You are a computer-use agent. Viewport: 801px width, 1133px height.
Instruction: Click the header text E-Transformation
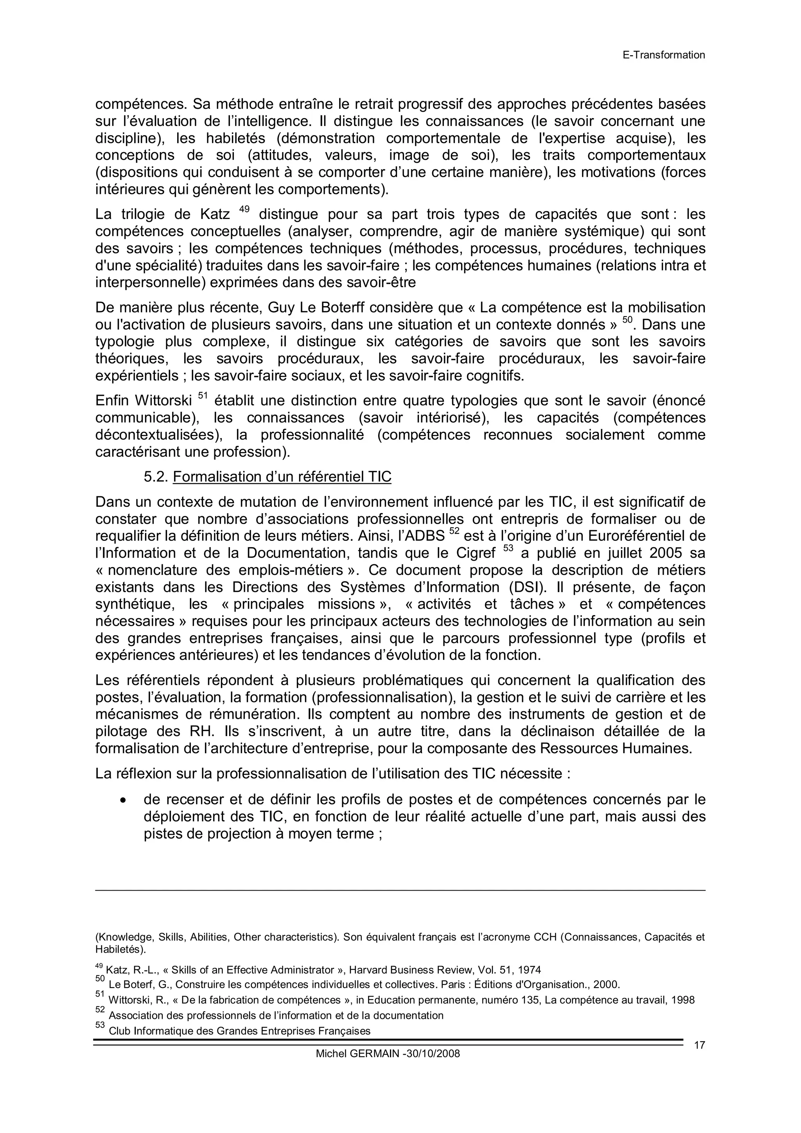[x=663, y=55]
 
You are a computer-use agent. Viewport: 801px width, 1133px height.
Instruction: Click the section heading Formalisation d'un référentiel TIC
[x=282, y=477]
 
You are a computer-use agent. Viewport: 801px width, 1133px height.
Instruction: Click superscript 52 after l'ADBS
[x=454, y=531]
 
